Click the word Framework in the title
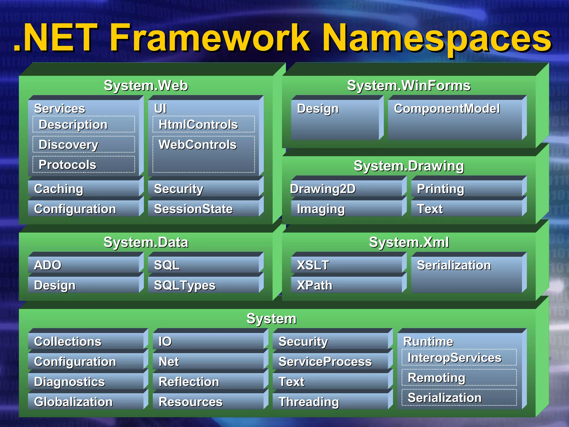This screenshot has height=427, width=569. click(210, 38)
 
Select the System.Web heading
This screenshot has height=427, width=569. click(146, 85)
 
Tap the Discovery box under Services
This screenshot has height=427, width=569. click(83, 145)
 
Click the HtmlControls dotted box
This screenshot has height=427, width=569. click(204, 125)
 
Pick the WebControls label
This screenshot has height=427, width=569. click(198, 145)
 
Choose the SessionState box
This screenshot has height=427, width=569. click(204, 209)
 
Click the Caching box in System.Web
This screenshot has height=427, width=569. click(83, 189)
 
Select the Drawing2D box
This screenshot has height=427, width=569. click(346, 189)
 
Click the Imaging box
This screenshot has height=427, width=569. click(346, 209)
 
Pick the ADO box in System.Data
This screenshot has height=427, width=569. click(83, 265)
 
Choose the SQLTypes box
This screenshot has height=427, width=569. click(204, 285)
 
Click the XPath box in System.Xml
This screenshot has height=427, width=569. click(346, 285)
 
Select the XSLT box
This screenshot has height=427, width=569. click(346, 265)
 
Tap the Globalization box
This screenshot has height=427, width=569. click(86, 402)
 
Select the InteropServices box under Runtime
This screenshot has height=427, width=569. click(459, 358)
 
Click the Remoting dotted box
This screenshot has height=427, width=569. click(459, 378)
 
